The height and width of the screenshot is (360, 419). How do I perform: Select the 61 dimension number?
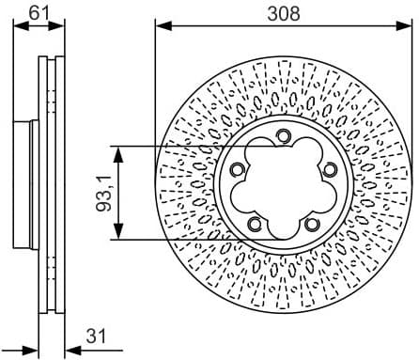click(x=38, y=12)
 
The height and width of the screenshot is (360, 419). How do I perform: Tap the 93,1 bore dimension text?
click(x=104, y=193)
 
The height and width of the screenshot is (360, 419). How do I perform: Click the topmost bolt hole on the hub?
click(x=282, y=137)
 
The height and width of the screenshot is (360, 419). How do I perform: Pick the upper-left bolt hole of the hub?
click(x=237, y=170)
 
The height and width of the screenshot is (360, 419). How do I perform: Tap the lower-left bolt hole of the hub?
click(x=254, y=224)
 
